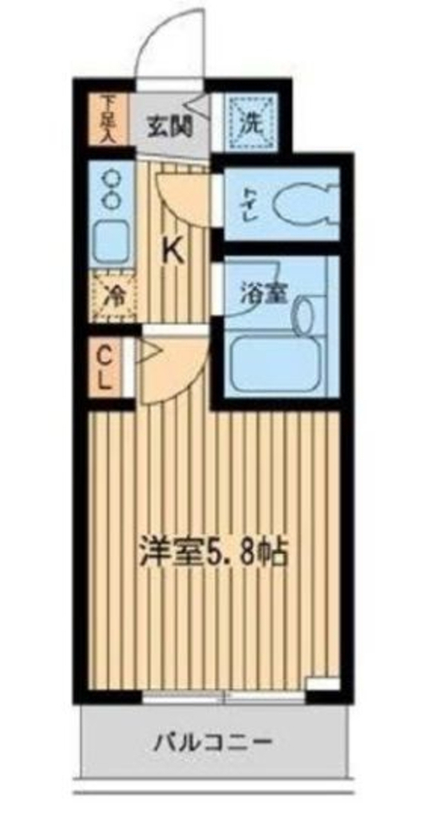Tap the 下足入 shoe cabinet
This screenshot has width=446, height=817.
pyautogui.click(x=109, y=120)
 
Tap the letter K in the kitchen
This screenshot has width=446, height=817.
pyautogui.click(x=174, y=253)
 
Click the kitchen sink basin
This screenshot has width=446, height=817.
pyautogui.click(x=112, y=242)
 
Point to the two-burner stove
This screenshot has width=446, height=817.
pyautogui.click(x=112, y=188)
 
